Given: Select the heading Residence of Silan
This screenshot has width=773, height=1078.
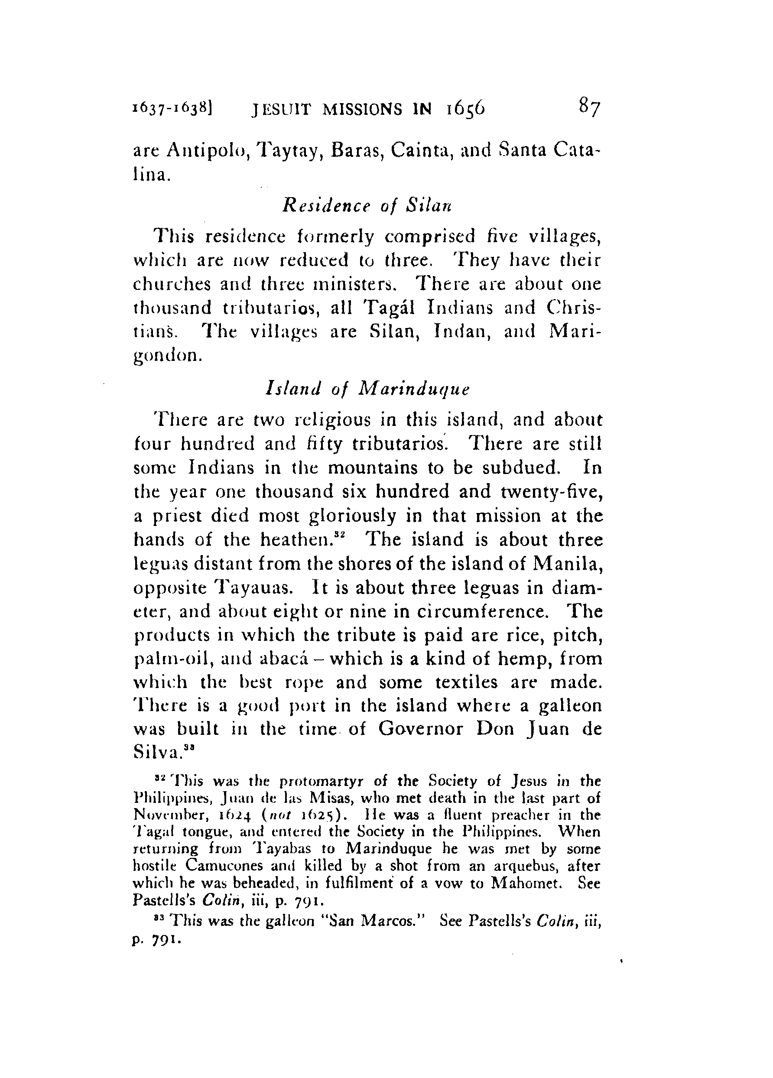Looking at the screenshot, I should (367, 205).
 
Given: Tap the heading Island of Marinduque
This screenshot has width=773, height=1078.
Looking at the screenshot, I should (367, 389).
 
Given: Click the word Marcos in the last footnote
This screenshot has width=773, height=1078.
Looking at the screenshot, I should (386, 920).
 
